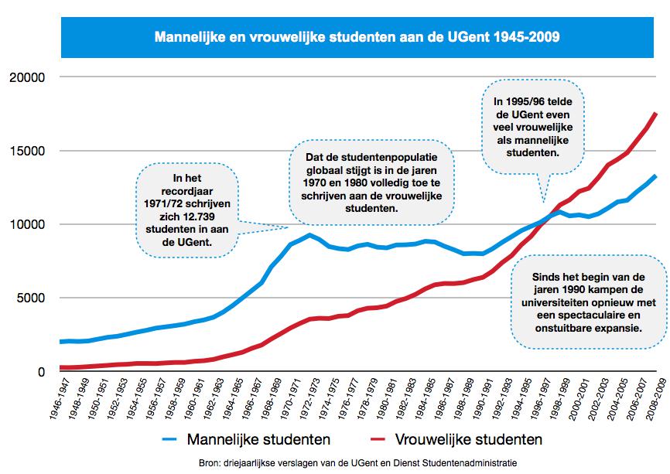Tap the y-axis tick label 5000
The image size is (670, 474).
pyautogui.click(x=33, y=298)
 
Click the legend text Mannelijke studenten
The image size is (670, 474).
pyautogui.click(x=259, y=440)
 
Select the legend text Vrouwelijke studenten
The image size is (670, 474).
pyautogui.click(x=470, y=440)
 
